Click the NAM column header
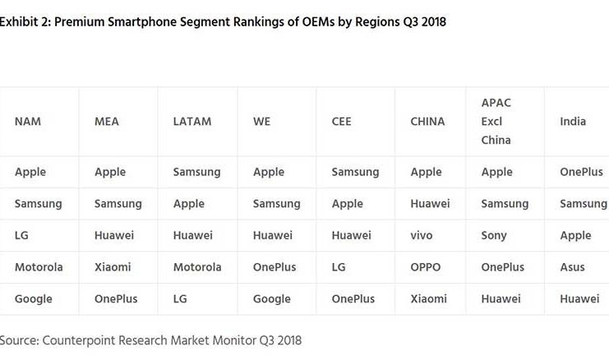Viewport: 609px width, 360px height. click(x=28, y=122)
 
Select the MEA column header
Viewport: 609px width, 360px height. click(x=107, y=122)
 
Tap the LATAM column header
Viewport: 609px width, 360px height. click(x=191, y=122)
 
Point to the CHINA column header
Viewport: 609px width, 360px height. click(x=427, y=122)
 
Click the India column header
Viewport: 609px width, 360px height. click(x=573, y=122)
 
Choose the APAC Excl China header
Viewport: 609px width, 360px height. click(x=496, y=122)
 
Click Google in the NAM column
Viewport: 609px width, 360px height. click(x=33, y=299)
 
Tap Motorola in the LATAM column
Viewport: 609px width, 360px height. click(x=197, y=267)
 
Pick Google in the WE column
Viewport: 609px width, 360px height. click(x=272, y=299)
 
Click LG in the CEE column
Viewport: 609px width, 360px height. click(x=339, y=267)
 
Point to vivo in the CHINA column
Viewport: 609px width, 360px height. click(x=422, y=235)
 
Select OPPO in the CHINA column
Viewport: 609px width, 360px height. click(x=426, y=267)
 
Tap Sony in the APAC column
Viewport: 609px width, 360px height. click(x=495, y=235)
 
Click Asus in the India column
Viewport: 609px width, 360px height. click(x=573, y=267)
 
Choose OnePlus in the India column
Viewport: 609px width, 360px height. click(x=582, y=173)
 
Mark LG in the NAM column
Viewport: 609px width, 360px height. click(x=22, y=235)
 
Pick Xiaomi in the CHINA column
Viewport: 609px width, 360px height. click(x=428, y=299)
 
